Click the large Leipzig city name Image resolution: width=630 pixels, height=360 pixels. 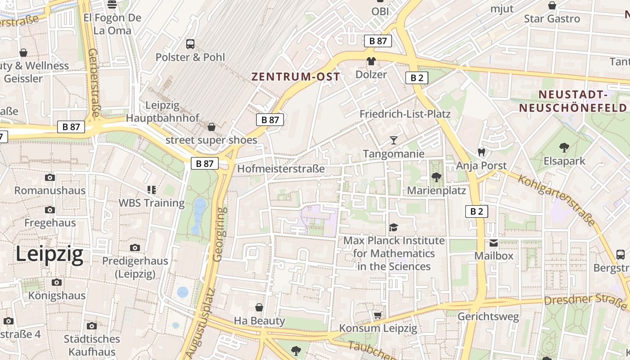tap(49, 254)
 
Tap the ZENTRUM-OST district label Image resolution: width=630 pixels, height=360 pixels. tap(295, 77)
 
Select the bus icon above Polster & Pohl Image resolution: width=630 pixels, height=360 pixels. tap(190, 44)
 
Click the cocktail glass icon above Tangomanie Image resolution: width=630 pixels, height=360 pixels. tap(394, 140)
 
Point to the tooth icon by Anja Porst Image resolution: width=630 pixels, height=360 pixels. tap(481, 152)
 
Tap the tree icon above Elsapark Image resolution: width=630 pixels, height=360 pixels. tap(564, 147)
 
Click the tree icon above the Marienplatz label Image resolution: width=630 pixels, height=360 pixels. tap(436, 177)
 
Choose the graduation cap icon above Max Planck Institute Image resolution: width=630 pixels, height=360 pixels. tap(394, 227)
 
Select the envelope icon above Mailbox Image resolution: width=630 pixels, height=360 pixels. tap(494, 243)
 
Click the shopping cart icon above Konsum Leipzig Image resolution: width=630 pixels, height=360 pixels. tap(378, 315)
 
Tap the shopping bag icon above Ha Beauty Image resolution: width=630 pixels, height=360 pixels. tap(259, 307)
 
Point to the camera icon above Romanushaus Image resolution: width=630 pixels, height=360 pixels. tap(50, 177)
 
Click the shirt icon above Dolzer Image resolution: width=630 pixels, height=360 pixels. tap(371, 61)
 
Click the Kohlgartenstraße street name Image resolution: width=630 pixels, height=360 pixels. tap(556, 200)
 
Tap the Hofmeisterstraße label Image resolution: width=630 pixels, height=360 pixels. tap(281, 169)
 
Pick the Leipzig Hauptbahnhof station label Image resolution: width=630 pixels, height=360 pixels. tap(162, 112)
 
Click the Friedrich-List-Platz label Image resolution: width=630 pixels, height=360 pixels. tap(405, 114)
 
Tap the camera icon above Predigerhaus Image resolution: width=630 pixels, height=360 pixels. tap(135, 247)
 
